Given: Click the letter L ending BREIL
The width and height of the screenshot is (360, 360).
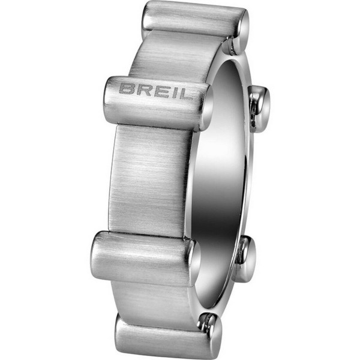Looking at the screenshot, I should pyautogui.click(x=181, y=94).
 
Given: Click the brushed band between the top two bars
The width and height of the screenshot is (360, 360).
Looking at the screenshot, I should pyautogui.click(x=174, y=57).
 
